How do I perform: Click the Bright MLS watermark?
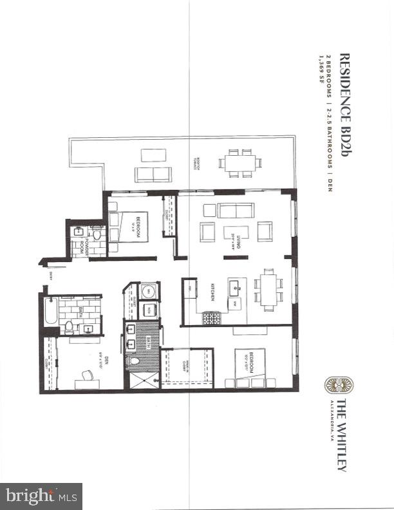point(41,496)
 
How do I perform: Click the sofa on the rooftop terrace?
point(153,174)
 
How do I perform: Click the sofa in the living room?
point(236,210)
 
